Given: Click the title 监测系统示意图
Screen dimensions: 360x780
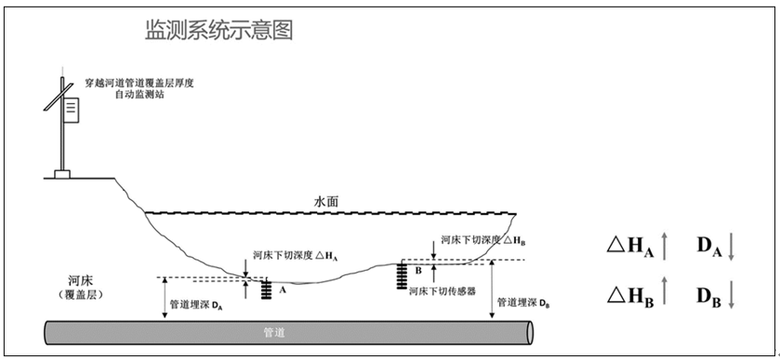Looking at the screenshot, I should click(x=219, y=31).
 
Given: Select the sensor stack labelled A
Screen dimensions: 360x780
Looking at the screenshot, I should click(x=267, y=289).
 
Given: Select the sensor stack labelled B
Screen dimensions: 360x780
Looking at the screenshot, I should click(x=403, y=274).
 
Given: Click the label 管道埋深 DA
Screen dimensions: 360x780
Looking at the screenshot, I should click(x=197, y=304).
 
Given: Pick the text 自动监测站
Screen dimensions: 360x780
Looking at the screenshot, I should click(x=139, y=96).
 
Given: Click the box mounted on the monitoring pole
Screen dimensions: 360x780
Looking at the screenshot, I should click(x=71, y=110).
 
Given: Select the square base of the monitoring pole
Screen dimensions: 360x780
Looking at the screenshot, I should click(x=61, y=173).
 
